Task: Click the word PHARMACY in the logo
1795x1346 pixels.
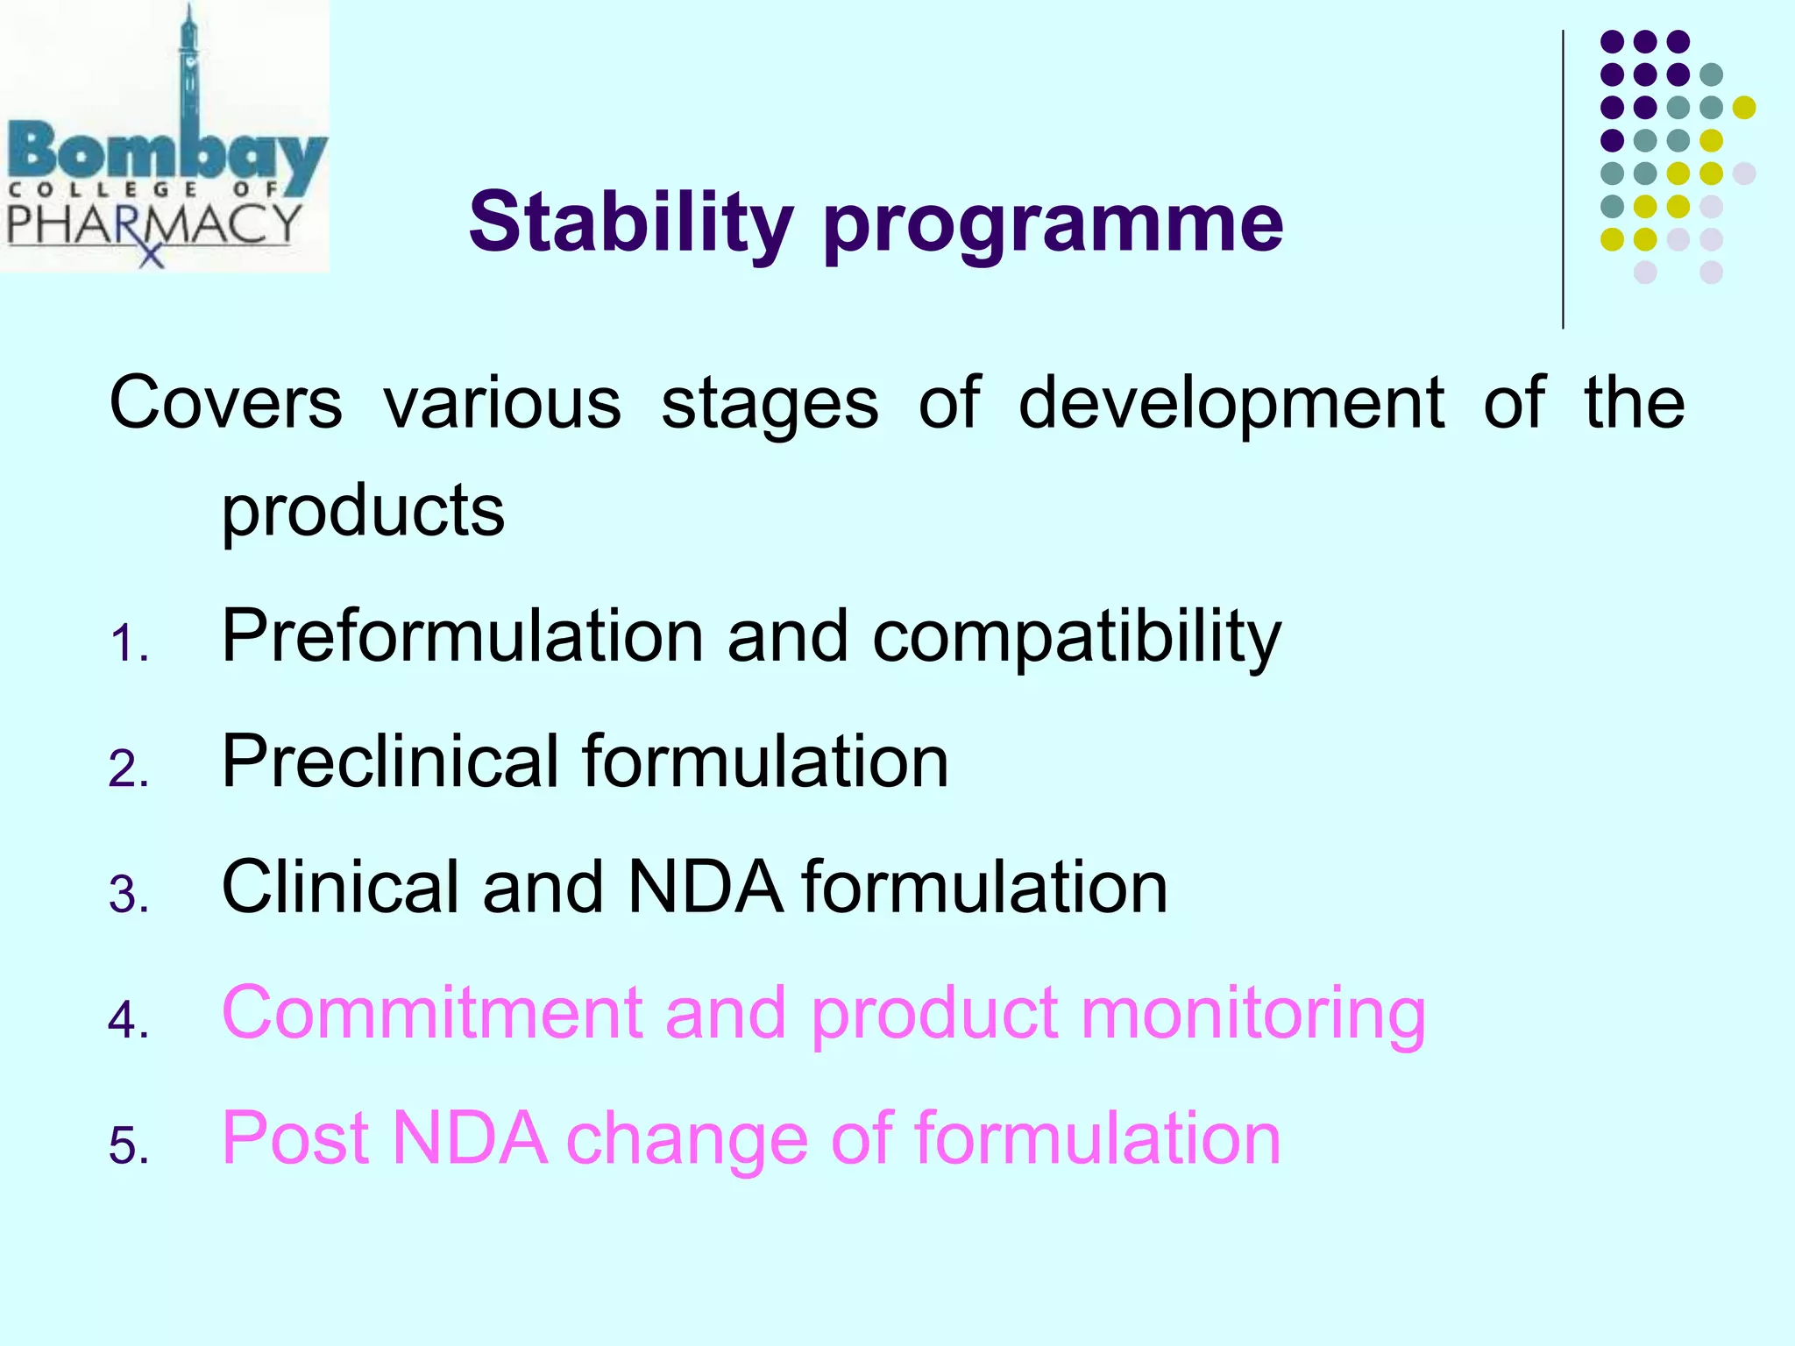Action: (x=153, y=223)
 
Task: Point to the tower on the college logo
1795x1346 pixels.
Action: (x=188, y=70)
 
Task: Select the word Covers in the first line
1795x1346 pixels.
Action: (x=225, y=403)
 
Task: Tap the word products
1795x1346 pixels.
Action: (x=362, y=512)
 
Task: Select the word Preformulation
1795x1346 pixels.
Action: (x=462, y=636)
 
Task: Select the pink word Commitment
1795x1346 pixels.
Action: (x=431, y=1013)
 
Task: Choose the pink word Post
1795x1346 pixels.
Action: (x=294, y=1138)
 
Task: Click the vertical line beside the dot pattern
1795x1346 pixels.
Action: (x=1563, y=180)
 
